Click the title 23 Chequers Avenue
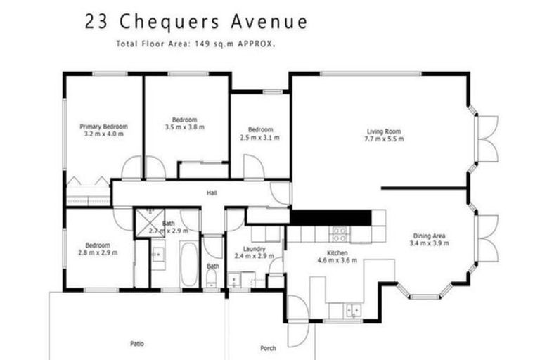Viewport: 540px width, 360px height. tap(195, 21)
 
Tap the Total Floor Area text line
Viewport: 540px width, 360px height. tap(195, 44)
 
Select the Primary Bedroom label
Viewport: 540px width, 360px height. tap(103, 127)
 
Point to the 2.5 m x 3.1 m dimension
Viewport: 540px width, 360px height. tap(259, 138)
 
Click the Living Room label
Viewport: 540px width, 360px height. tap(383, 131)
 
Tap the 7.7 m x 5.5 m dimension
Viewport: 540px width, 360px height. tap(383, 139)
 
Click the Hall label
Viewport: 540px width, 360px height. tap(211, 193)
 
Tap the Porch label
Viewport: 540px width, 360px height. tap(267, 348)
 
